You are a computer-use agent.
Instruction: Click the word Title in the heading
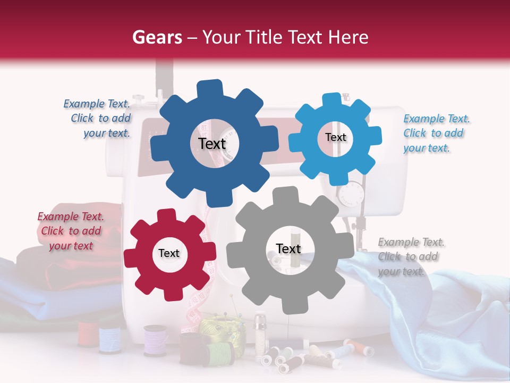coord(266,37)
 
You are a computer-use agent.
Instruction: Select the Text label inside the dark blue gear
coord(212,144)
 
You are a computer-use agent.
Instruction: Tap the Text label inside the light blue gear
coord(336,137)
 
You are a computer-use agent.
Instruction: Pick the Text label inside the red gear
coord(169,254)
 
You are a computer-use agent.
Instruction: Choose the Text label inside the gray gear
coord(288,248)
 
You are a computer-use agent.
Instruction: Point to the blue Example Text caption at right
coord(436,133)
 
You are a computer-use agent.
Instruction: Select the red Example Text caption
coord(71,231)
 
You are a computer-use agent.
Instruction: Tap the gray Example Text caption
coord(411,256)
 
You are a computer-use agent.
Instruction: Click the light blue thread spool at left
coord(110,339)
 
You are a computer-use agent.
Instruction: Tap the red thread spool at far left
coord(87,334)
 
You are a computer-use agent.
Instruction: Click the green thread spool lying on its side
coord(219,352)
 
